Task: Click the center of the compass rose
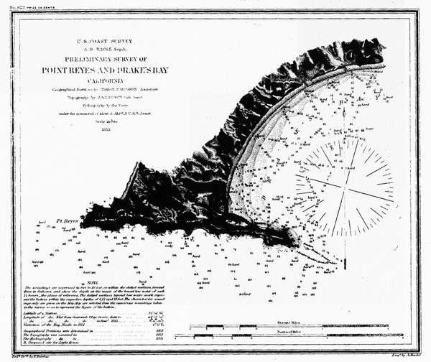click(x=346, y=181)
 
